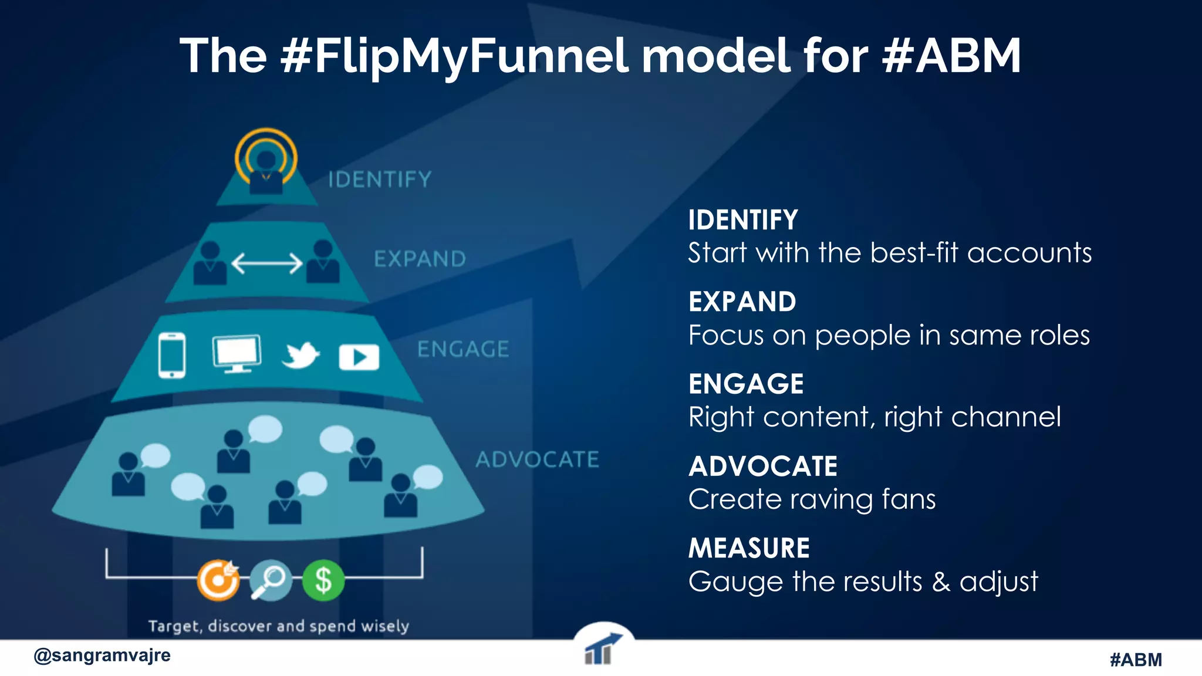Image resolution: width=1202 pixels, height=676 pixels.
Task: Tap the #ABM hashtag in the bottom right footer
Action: click(x=1136, y=660)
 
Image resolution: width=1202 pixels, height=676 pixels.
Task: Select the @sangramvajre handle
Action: click(x=102, y=655)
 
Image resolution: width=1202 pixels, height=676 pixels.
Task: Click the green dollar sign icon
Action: click(x=323, y=580)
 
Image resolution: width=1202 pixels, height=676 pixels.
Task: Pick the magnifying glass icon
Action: click(x=271, y=580)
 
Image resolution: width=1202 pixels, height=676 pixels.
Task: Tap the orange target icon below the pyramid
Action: click(x=218, y=580)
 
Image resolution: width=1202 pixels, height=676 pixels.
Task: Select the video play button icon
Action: click(x=359, y=357)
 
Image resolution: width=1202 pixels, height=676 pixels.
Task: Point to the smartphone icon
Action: click(x=172, y=355)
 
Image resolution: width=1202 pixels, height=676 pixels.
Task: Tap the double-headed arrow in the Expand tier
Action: click(x=267, y=263)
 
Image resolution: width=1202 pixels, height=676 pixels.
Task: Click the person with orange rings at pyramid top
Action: click(x=266, y=163)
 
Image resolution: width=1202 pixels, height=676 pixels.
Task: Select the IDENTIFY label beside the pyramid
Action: click(x=380, y=180)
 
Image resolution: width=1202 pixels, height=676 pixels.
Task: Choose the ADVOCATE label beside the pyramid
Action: click(x=537, y=459)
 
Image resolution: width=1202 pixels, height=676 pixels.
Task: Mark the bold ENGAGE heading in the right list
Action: click(x=746, y=384)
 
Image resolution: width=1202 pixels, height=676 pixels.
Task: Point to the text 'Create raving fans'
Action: click(x=812, y=499)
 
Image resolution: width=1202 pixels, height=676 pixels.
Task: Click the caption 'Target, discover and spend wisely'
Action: click(x=278, y=626)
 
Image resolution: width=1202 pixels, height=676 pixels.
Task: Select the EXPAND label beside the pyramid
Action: click(x=420, y=259)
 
